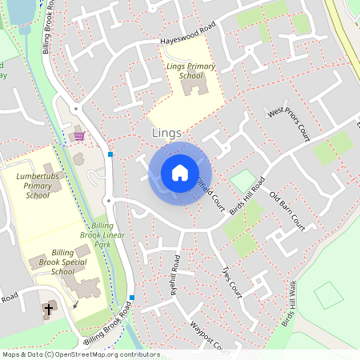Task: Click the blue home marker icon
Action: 180,173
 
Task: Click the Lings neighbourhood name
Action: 166,133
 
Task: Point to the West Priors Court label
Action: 289,124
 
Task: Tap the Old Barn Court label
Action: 287,207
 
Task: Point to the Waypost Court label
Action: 210,337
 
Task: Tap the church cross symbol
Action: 49,309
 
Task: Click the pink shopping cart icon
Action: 79,136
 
